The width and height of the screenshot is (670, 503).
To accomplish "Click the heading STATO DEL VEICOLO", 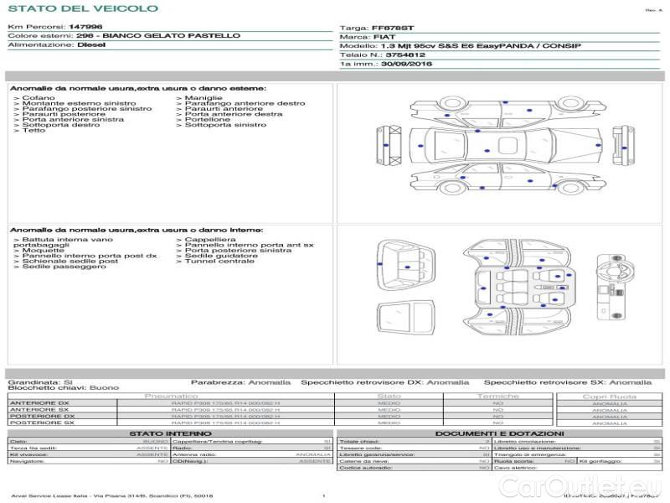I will pyautogui.click(x=82, y=8).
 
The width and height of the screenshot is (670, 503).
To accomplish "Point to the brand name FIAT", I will pyautogui.click(x=380, y=37).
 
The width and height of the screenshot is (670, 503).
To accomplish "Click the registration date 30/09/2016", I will pyautogui.click(x=406, y=64).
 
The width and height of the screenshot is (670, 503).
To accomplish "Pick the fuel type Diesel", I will pyautogui.click(x=91, y=45).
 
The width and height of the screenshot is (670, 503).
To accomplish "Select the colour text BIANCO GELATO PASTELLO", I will pyautogui.click(x=171, y=36).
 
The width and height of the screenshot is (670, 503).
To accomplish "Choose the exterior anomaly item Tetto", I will pyautogui.click(x=33, y=130).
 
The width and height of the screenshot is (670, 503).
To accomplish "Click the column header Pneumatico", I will pyautogui.click(x=172, y=396).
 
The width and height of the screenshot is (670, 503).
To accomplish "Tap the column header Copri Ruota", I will pyautogui.click(x=609, y=397).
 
